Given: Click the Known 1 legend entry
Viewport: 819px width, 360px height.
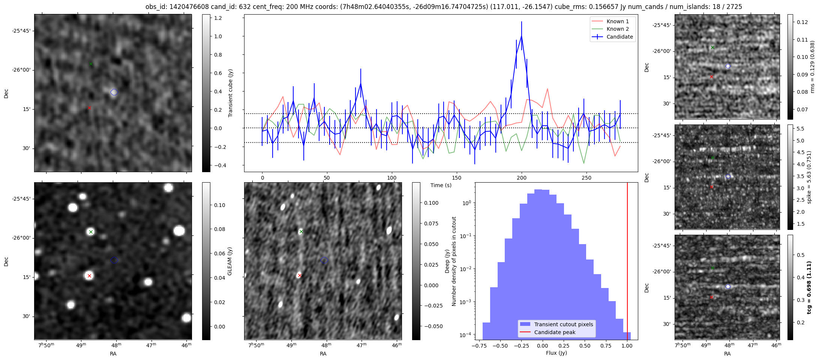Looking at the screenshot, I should pos(617,21).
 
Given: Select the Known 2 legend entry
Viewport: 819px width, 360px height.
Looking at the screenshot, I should pos(617,29).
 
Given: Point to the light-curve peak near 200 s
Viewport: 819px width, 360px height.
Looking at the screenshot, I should pos(521,36).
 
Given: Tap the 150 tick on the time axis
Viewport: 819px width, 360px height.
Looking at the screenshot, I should pos(457,178).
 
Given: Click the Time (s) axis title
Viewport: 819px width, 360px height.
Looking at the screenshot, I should pos(441,185).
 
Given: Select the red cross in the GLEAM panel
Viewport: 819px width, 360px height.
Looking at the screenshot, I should pos(89,276).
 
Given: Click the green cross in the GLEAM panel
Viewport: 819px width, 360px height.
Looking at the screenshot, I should pos(91,232).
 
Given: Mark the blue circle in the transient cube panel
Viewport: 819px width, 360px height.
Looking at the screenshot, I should pos(114,92).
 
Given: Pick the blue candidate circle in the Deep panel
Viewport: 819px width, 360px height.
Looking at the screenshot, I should pos(324,260).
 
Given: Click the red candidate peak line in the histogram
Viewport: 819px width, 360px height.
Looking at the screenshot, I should pos(627,262).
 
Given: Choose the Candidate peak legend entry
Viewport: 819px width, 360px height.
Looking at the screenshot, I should pos(555,332).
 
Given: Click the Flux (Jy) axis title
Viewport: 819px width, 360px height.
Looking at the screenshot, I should pos(556,353).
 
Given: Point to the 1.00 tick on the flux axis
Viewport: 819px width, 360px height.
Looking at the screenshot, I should pos(627,346).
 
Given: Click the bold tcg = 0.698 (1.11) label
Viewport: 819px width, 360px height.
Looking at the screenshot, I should pos(810,288).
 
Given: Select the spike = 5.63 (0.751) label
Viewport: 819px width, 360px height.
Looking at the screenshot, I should pos(810,177).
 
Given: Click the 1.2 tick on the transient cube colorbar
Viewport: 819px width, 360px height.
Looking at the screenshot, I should pos(218,18).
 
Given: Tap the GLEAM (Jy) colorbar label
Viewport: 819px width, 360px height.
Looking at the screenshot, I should pos(229,261).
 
